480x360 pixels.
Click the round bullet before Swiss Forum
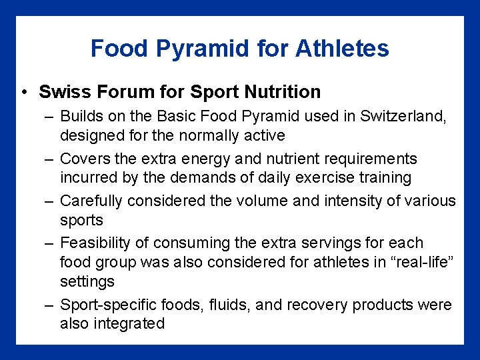23,92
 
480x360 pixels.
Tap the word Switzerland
406,116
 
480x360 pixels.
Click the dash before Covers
49,159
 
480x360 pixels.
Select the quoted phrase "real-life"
418,262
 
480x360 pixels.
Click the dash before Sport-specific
49,305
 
